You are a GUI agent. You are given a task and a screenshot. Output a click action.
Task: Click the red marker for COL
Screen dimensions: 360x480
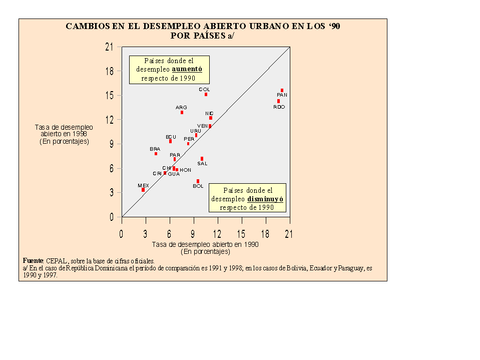[x=206, y=95]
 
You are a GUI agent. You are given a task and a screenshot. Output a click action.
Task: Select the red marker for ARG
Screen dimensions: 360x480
[x=182, y=113]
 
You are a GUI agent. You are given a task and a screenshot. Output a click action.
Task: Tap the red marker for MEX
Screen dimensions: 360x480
[x=143, y=190]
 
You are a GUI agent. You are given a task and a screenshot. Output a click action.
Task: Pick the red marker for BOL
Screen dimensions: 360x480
[x=198, y=181]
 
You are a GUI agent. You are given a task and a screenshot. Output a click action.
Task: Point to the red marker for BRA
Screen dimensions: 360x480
[x=156, y=154]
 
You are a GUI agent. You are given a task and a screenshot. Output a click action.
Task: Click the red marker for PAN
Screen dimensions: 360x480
[x=282, y=91]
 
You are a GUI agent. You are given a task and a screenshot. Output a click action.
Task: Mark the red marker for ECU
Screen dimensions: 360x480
[x=170, y=141]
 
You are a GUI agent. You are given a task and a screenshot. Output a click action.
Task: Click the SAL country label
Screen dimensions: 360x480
[x=202, y=164]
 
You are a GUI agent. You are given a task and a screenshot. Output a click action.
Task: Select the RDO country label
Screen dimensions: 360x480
[x=279, y=107]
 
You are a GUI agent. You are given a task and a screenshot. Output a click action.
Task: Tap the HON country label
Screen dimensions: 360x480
[x=185, y=170]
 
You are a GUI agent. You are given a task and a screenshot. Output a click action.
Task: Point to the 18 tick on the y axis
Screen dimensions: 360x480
[x=109, y=71]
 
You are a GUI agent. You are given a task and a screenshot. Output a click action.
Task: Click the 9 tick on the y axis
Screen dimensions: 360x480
[x=111, y=144]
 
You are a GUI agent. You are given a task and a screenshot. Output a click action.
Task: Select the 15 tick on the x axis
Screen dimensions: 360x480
[x=241, y=234]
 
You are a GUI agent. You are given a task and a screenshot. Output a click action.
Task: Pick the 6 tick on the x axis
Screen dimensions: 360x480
[x=169, y=234]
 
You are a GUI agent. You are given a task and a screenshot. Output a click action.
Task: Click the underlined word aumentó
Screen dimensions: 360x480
[x=187, y=70]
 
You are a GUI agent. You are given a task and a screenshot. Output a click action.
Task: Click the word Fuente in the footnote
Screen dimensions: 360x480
[x=33, y=261]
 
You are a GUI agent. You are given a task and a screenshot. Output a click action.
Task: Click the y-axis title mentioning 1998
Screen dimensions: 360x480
[x=64, y=134]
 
